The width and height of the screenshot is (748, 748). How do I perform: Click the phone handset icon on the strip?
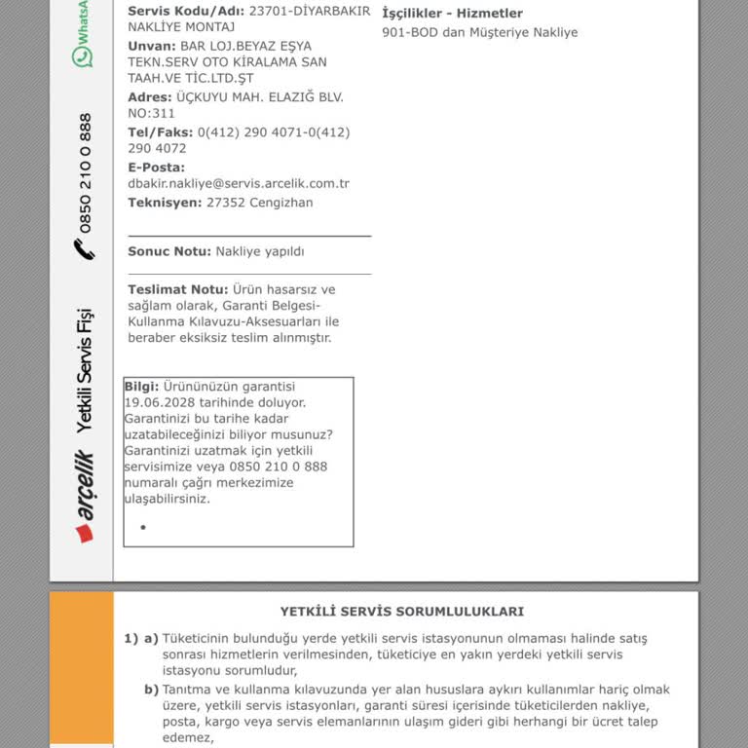pos(84,249)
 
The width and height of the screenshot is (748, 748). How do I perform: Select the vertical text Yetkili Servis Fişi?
pos(84,370)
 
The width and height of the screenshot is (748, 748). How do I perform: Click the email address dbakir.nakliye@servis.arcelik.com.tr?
pos(239,183)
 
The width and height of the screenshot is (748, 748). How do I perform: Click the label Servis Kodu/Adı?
pos(186,11)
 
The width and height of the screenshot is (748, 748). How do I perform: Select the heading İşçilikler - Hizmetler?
pos(452,14)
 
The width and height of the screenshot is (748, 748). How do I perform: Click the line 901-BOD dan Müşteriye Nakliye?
pos(479,32)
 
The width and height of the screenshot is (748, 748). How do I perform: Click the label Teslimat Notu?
pos(177,289)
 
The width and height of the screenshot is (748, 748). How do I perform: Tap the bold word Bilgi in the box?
pos(141,386)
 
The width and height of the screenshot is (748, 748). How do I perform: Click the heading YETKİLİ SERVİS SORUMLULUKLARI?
pos(401,612)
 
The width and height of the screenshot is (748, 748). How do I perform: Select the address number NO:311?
pos(151,113)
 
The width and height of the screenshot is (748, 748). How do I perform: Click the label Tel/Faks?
pos(160,132)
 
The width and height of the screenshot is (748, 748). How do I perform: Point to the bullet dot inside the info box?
pos(143,527)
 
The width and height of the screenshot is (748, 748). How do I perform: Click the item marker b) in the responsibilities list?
pos(151,690)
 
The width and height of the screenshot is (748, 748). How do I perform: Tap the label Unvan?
pos(151,46)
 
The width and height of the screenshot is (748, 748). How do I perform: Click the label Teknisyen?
pos(165,203)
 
